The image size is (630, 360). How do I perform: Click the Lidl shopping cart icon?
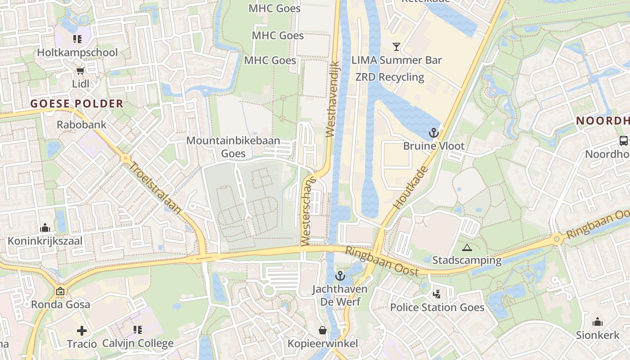(x=81, y=71)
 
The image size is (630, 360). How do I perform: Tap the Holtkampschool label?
(x=77, y=53)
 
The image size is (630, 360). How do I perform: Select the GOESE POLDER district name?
(x=77, y=104)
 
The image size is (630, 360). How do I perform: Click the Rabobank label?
(x=81, y=125)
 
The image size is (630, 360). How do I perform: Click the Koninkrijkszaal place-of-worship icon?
(x=45, y=228)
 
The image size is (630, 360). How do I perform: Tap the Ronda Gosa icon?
(x=60, y=291)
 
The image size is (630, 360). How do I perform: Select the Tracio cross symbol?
(x=82, y=331)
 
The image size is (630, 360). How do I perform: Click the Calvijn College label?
(x=138, y=344)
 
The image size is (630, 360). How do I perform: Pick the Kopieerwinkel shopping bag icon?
(x=323, y=331)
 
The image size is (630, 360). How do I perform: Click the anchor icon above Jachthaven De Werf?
(x=340, y=276)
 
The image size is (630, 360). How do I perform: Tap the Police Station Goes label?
(x=437, y=308)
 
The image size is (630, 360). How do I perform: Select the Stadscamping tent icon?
(x=467, y=247)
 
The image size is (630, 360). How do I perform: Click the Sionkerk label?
(x=597, y=335)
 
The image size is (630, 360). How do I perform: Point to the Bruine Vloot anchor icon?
(x=434, y=133)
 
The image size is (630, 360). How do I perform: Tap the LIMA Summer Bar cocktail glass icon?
(x=396, y=47)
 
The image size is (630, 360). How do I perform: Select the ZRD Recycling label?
(x=390, y=77)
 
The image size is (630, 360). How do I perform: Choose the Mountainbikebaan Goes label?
(x=233, y=147)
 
